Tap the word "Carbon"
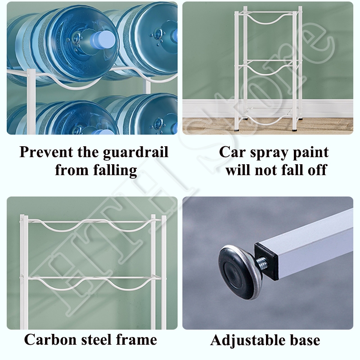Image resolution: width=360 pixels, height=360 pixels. (x=50, y=339)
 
